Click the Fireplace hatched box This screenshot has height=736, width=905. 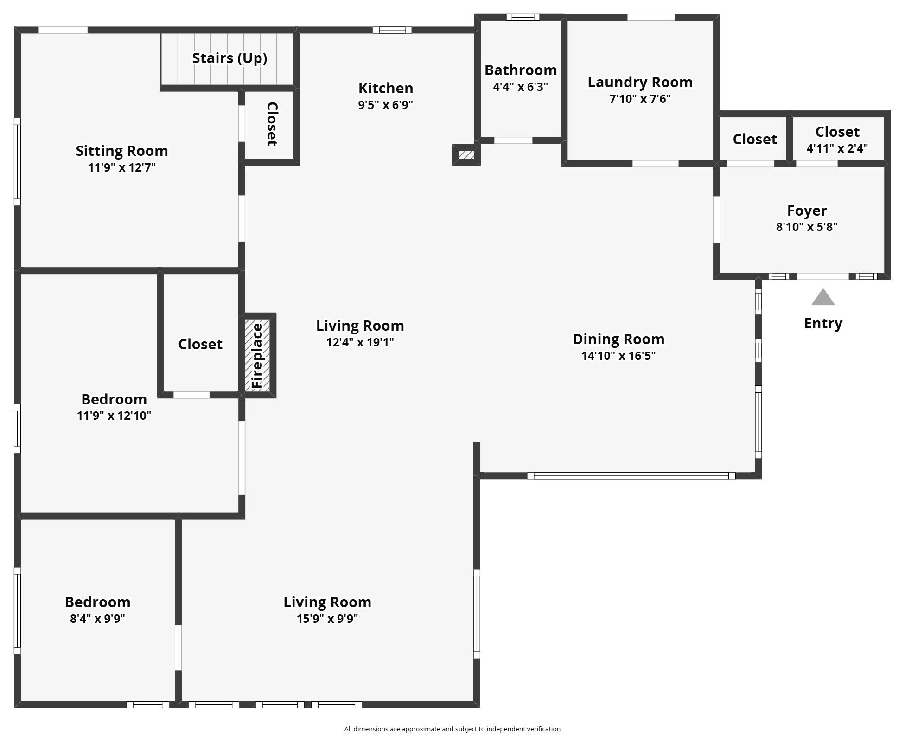257,355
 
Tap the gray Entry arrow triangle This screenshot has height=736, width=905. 823,297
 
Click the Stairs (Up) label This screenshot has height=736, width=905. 229,58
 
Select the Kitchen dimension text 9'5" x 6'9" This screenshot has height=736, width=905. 385,105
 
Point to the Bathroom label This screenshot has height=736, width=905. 521,70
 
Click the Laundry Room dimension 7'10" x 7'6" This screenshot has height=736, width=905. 640,99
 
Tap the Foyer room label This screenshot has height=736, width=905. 807,211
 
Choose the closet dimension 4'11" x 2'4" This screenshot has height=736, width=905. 837,148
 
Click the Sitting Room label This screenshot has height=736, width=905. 122,151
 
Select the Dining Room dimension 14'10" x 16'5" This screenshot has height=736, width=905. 618,356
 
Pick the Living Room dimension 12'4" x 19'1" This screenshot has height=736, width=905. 360,342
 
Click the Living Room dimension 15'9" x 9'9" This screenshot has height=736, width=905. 327,619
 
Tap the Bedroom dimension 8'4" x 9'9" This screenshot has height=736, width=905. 97,619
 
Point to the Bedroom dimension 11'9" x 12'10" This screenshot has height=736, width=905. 114,416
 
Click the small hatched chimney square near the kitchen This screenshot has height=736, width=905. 466,154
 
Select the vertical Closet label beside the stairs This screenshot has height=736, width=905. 272,124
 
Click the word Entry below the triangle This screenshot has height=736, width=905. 823,324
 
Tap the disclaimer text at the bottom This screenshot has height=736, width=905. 452,729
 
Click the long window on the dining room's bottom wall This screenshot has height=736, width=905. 631,475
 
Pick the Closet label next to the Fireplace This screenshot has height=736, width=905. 200,344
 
